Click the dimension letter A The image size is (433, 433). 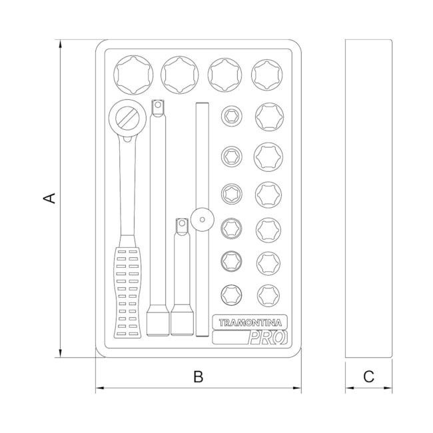pos(50,199)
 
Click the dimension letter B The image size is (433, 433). pos(199,376)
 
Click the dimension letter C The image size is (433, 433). pos(368,376)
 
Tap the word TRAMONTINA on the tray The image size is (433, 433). pos(250,322)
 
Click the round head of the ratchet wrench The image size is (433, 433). pos(127,118)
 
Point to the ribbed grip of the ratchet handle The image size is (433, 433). pos(127,292)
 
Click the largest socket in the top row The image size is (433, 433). pos(133,75)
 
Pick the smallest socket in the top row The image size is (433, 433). pos(267,75)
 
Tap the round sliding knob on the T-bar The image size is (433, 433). pos(203,220)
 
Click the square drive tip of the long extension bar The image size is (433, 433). pos(158,107)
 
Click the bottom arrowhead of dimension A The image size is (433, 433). pos(60,353)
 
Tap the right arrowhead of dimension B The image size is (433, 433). pos(297,388)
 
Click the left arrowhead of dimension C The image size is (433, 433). pos(350,388)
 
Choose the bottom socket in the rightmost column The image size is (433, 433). pos(268,295)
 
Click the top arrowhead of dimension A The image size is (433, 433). pos(60,44)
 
